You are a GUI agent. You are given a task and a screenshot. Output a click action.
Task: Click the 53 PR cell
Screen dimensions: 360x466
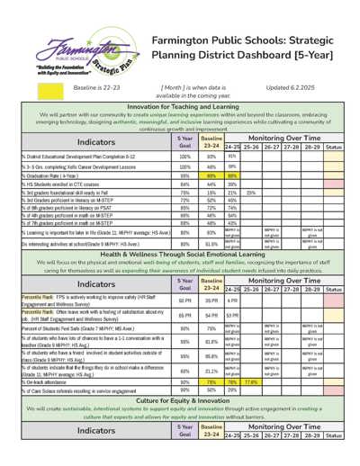pyautogui.click(x=232, y=317)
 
